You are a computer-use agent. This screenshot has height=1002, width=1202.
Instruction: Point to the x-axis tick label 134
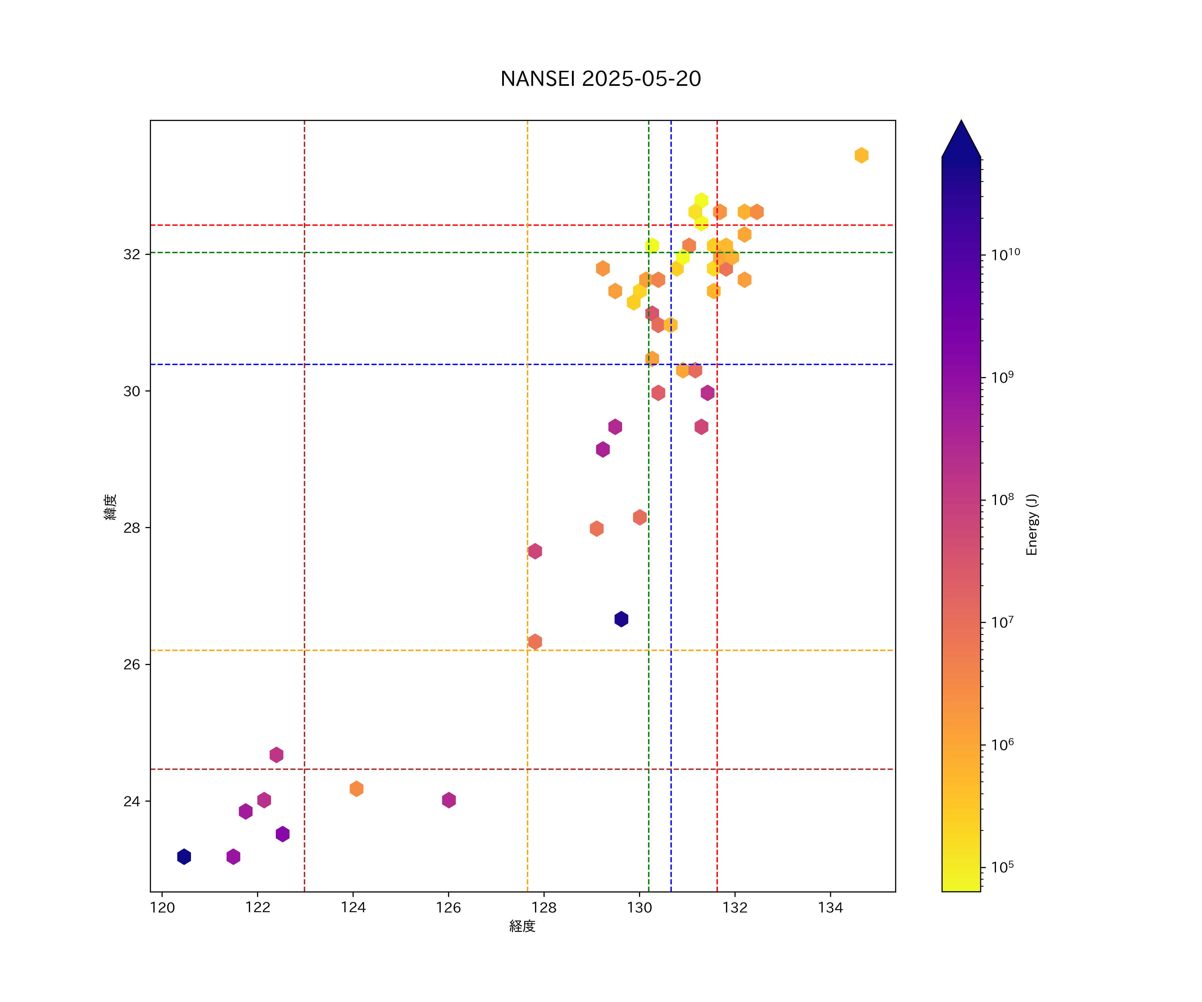(830, 907)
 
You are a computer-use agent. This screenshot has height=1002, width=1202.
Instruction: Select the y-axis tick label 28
(132, 528)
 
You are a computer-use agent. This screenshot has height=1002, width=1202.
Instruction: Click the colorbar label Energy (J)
(1031, 524)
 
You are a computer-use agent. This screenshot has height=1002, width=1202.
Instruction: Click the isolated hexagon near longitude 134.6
(861, 155)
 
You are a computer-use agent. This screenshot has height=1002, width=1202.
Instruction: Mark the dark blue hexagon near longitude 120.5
(184, 857)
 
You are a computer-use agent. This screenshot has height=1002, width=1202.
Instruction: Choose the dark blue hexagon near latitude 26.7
(621, 619)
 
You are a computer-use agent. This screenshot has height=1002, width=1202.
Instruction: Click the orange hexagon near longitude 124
(356, 789)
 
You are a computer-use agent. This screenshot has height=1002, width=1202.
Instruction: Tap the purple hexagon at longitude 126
(449, 800)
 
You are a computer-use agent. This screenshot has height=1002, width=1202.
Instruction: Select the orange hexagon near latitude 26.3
(535, 641)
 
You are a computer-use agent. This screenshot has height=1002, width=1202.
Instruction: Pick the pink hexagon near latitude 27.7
(535, 551)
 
